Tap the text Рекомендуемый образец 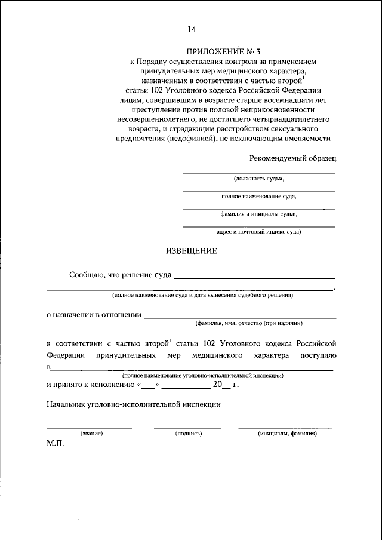[x=292, y=158]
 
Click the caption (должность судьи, [x=258, y=179]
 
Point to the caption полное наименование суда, [x=258, y=196]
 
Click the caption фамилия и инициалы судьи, [x=258, y=213]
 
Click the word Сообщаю [x=86, y=275]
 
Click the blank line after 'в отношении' [x=240, y=317]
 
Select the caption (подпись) [x=188, y=434]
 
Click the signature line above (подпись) [x=188, y=428]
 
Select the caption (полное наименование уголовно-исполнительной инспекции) [x=202, y=375]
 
